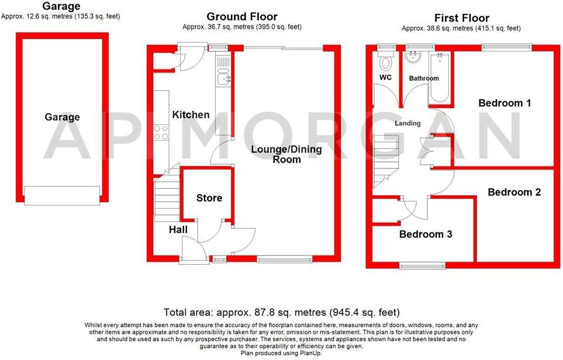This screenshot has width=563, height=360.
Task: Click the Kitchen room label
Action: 191,115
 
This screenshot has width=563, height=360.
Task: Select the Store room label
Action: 209,198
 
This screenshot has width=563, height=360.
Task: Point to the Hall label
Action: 178,230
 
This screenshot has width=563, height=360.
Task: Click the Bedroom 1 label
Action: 505,103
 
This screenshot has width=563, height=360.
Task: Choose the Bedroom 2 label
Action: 514,192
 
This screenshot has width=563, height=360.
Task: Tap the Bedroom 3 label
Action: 426,234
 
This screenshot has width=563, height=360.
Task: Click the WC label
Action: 385,78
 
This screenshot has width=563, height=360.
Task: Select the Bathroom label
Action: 424,78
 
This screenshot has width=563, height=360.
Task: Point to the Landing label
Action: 407,123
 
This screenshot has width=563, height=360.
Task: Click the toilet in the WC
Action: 385,61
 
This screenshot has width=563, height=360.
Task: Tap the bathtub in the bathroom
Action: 438,79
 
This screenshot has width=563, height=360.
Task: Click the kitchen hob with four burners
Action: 161,133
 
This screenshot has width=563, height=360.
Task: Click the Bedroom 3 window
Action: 422,266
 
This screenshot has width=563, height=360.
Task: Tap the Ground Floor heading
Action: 242,16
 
